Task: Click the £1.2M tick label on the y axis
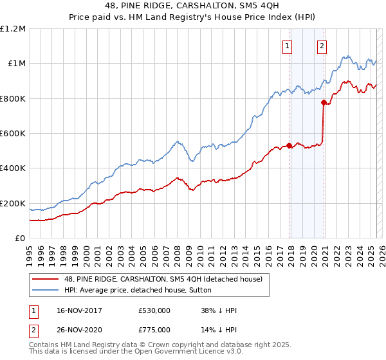click(x=14, y=29)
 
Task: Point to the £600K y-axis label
click(x=14, y=134)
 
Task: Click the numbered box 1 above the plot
click(x=286, y=46)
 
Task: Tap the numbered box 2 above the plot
click(x=321, y=46)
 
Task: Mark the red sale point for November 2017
click(x=289, y=145)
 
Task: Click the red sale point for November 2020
click(x=324, y=103)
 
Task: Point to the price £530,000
click(x=154, y=310)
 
